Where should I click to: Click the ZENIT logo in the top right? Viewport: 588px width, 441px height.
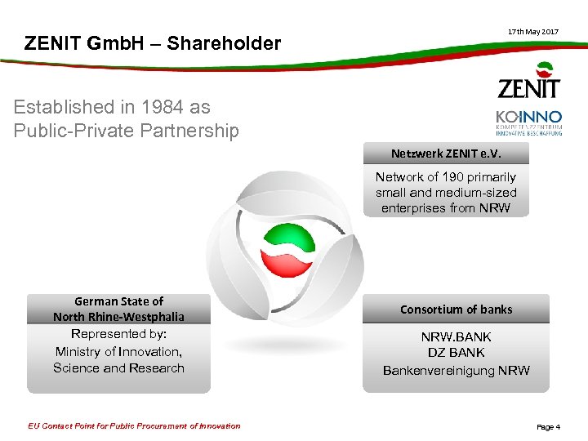529,82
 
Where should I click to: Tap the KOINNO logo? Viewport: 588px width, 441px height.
528,122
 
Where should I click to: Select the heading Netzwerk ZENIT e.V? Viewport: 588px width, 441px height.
447,154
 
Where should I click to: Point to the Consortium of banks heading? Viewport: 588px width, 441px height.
456,310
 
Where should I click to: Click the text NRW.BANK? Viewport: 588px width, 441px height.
456,336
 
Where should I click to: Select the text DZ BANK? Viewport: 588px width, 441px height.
456,353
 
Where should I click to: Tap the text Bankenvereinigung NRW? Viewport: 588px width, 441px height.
456,370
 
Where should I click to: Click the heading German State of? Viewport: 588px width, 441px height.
119,301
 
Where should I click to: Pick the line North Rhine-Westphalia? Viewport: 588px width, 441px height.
119,317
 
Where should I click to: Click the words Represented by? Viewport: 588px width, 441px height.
119,334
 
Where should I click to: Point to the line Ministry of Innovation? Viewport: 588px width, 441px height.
119,351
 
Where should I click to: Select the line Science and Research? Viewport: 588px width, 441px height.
119,367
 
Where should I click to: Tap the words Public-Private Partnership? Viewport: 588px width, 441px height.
127,131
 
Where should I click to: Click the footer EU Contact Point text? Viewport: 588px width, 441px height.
134,425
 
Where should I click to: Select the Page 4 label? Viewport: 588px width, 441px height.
548,426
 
